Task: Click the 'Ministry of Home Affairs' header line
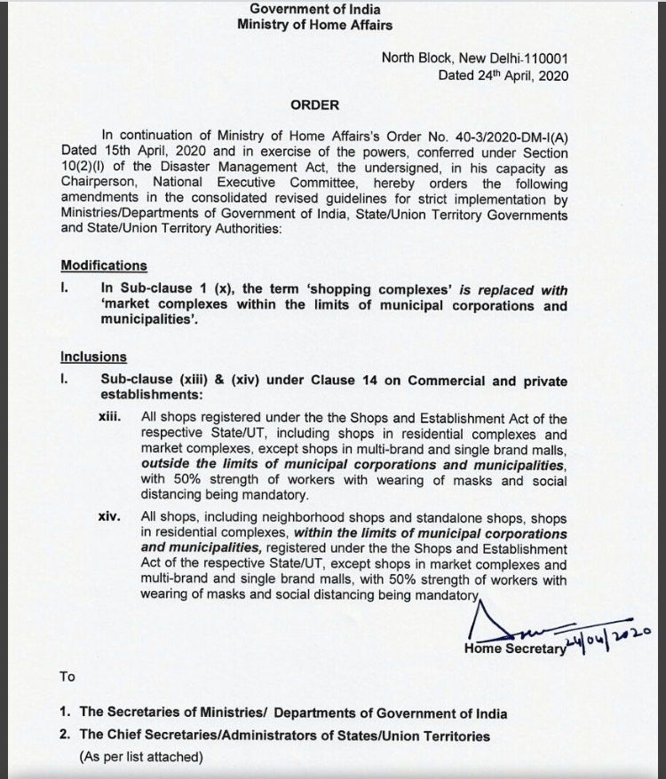tap(314, 25)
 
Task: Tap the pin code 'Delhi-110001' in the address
tap(529, 59)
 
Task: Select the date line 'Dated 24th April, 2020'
tap(503, 75)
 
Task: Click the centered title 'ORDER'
tap(314, 105)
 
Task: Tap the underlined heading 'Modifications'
tap(104, 265)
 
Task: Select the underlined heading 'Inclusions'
tap(93, 358)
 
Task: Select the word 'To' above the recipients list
tap(67, 677)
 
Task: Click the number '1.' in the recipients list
tap(66, 712)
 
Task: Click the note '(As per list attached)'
tap(141, 757)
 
